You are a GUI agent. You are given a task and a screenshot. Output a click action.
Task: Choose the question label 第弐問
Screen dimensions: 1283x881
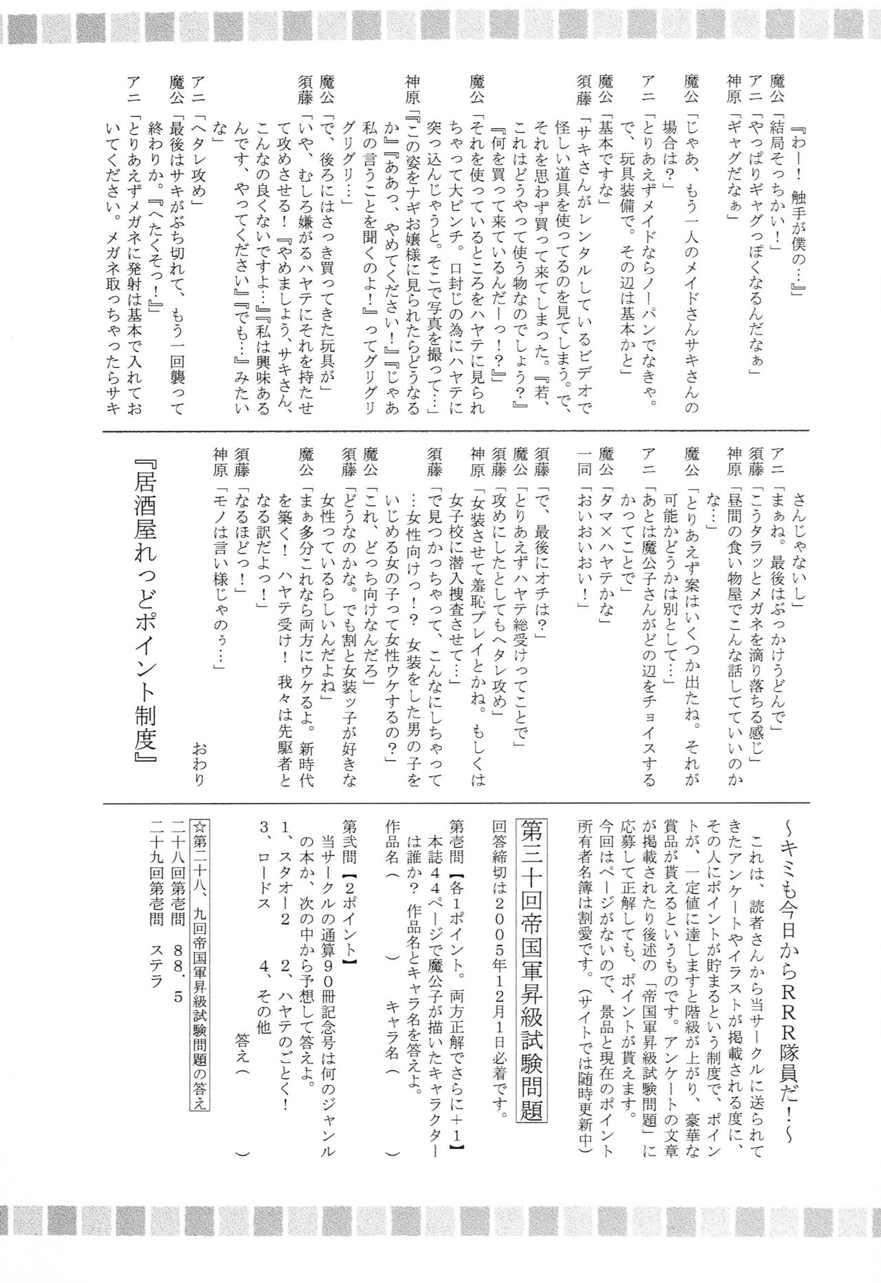[349, 833]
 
